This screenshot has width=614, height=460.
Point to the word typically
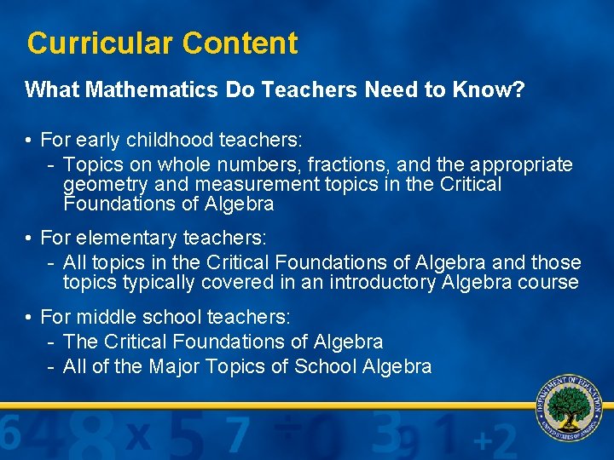click(x=163, y=283)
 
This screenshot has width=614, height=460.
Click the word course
click(x=549, y=283)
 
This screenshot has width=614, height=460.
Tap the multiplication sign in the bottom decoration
click(x=139, y=437)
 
